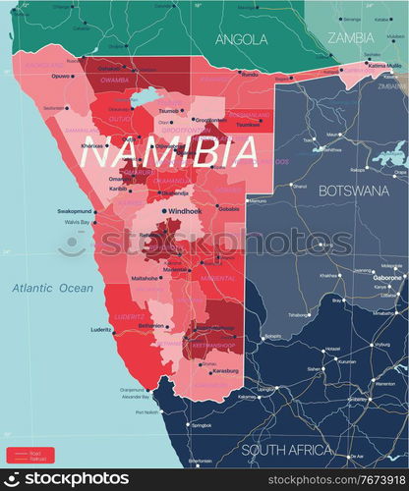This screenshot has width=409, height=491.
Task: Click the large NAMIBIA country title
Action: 169,152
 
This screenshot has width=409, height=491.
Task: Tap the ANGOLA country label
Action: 242,39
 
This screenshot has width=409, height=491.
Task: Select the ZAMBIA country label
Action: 350,37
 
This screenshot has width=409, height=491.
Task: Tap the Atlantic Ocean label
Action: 52,288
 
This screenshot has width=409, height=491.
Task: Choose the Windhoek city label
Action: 185,210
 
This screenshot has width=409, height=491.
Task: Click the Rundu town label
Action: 250,74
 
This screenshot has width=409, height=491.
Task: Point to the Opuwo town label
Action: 62,76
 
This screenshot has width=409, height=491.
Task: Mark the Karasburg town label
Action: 225,371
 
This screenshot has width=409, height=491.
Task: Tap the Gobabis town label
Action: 229,209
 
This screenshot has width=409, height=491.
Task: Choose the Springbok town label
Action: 201,425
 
